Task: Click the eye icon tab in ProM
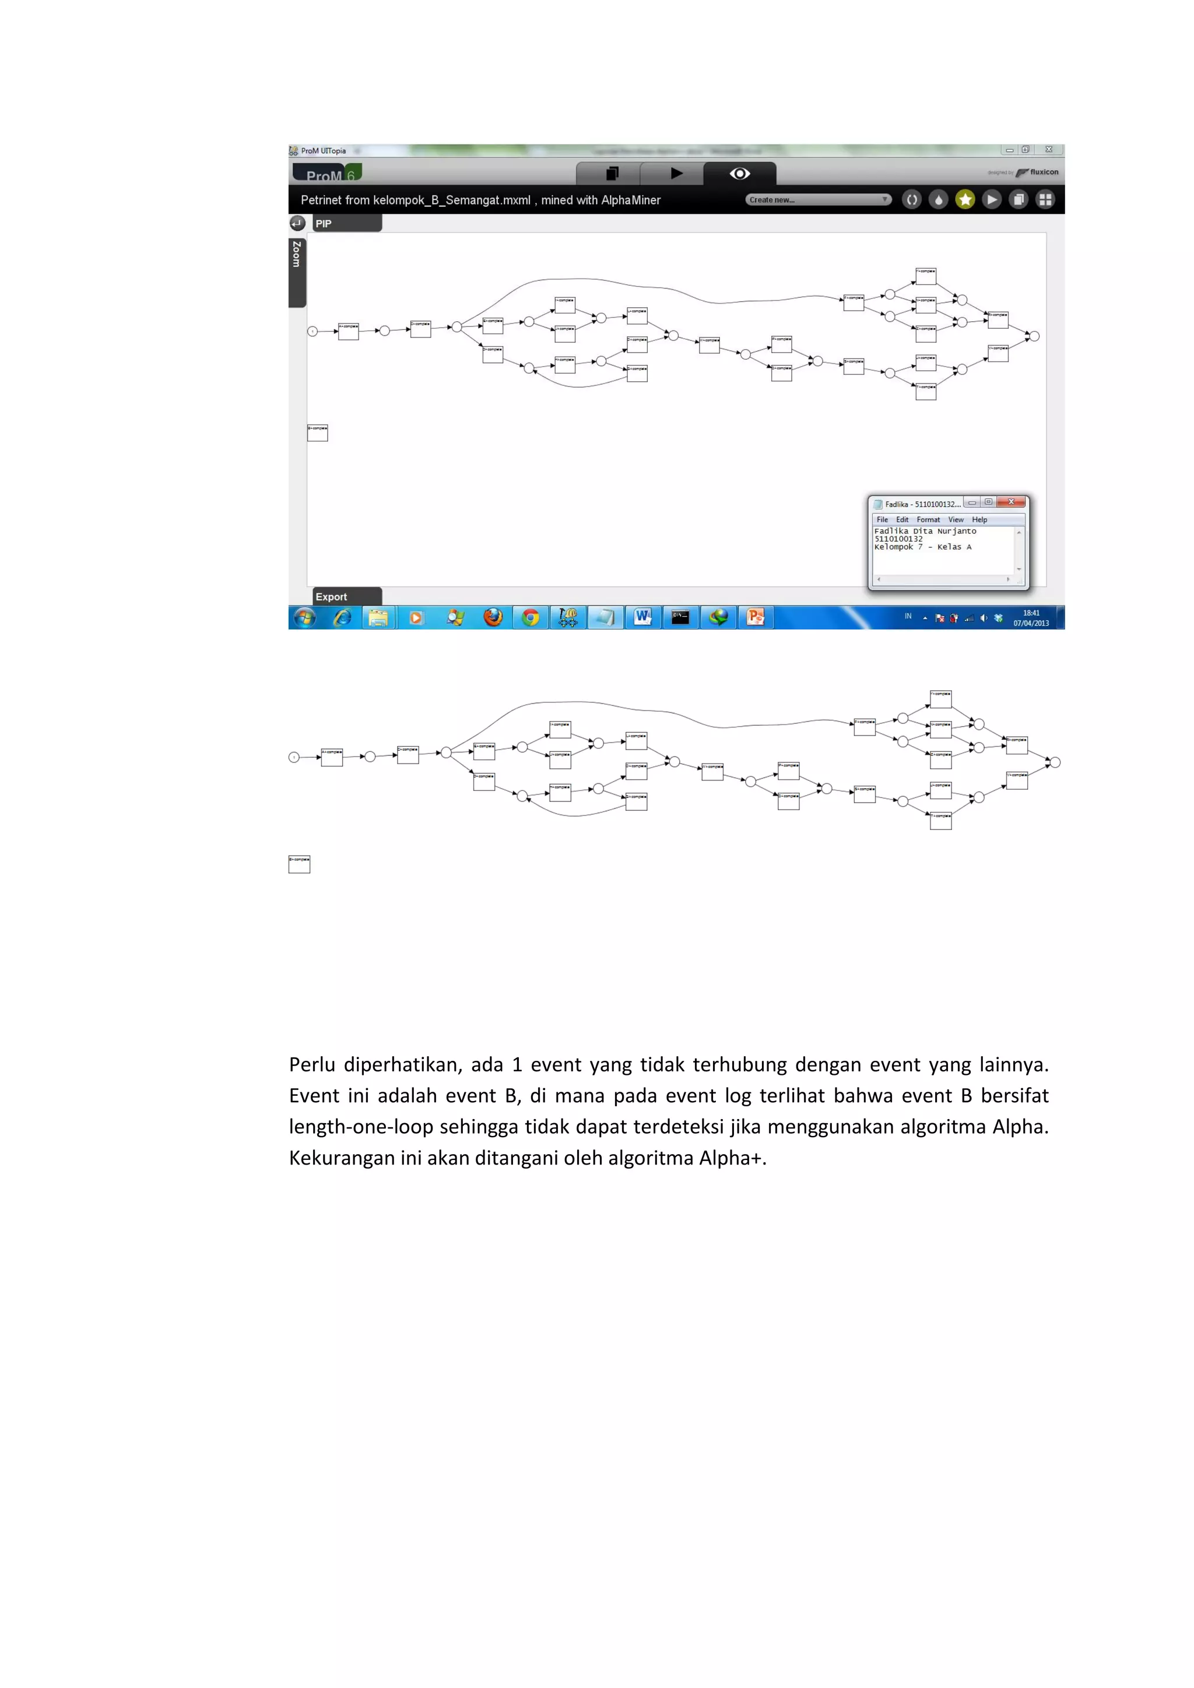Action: [740, 174]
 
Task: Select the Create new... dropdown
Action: [817, 199]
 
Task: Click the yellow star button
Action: [965, 199]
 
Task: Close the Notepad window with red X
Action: [1011, 502]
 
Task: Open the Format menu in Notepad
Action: [928, 520]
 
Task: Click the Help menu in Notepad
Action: [979, 520]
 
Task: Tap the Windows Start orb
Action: [304, 618]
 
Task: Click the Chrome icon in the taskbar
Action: [530, 618]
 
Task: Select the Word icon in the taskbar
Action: [642, 618]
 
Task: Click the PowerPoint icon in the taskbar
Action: [755, 618]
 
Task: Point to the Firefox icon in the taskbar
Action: [493, 618]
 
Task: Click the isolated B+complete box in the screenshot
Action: [318, 432]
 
